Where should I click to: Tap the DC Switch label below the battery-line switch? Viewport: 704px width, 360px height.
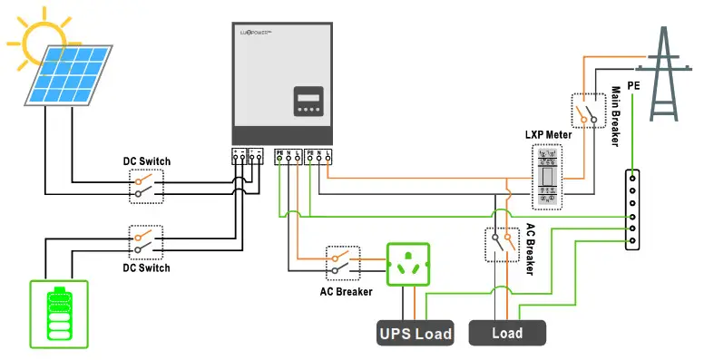click(x=147, y=268)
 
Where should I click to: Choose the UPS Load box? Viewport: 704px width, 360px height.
click(x=415, y=333)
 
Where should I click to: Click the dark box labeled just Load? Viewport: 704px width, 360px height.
click(x=507, y=333)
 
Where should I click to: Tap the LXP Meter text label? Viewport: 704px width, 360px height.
click(x=547, y=134)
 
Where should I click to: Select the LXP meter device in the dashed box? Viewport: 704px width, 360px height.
click(x=547, y=177)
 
